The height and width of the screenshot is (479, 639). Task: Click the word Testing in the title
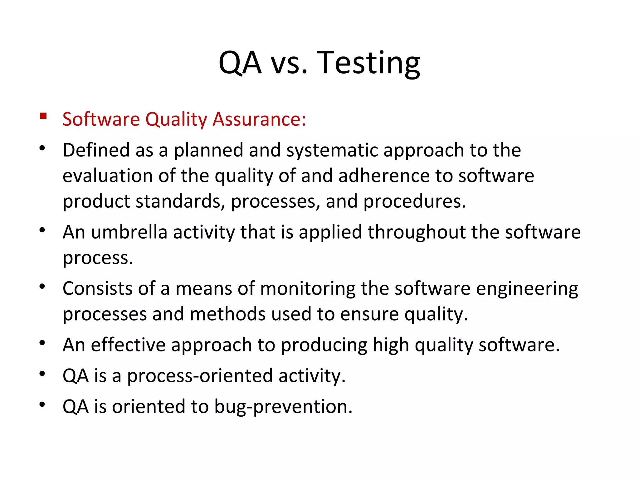368,63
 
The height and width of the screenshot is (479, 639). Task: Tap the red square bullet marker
43,116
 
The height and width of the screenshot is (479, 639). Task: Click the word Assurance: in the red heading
259,119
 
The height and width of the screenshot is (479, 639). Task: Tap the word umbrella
129,232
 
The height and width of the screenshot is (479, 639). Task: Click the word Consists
98,288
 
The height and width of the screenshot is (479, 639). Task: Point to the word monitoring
307,289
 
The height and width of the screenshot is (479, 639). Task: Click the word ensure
369,314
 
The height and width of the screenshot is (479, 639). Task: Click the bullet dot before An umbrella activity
42,230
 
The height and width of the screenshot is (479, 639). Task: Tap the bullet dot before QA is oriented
42,404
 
